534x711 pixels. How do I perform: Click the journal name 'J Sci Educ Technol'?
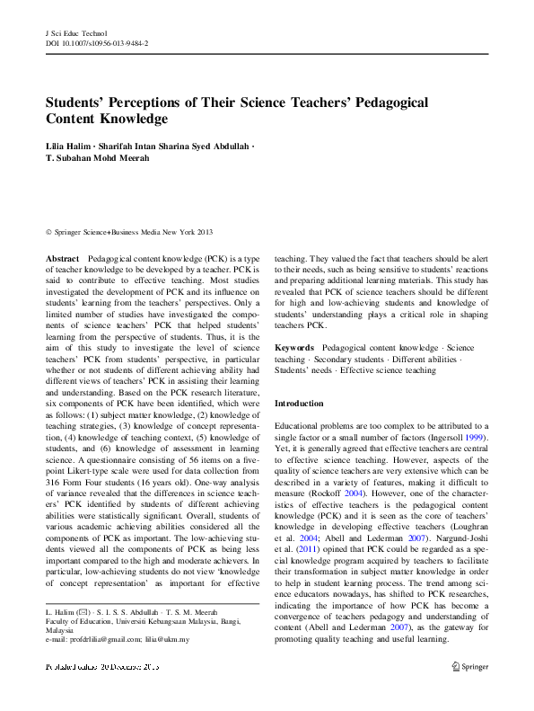tap(75, 33)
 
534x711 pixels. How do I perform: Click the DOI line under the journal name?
tap(97, 43)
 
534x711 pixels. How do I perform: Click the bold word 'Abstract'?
tap(62, 258)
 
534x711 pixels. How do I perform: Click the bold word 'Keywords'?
tap(294, 347)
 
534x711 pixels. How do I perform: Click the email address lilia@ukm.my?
tap(171, 639)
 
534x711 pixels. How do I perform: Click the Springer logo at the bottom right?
tap(469, 668)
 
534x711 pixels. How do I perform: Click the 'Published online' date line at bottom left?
tap(101, 668)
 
